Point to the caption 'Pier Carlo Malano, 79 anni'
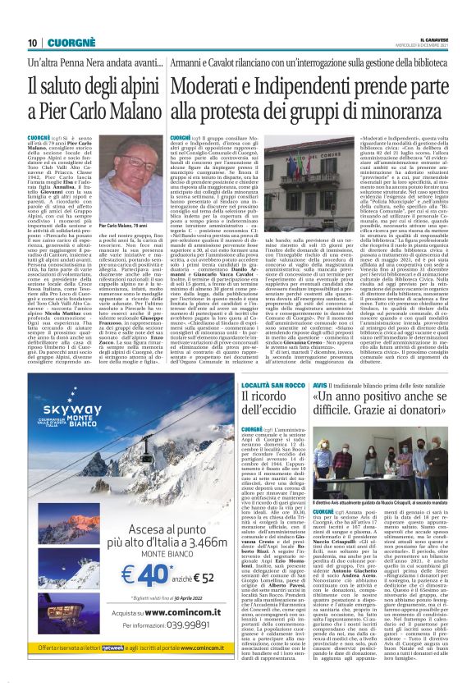[122, 224]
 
